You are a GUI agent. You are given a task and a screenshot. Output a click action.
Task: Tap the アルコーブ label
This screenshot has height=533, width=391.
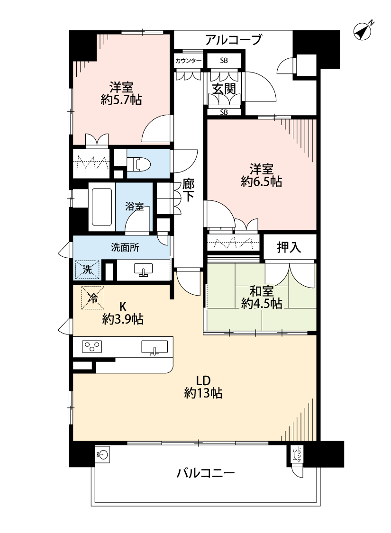tap(233, 40)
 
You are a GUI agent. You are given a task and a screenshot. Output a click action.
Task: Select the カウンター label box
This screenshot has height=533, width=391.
tap(188, 61)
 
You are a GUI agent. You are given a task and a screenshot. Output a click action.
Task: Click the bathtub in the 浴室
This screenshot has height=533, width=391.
tap(101, 207)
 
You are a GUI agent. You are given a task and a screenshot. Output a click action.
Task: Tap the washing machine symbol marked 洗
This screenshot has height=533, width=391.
tap(87, 270)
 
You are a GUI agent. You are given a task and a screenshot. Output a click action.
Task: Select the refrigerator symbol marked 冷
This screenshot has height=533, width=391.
tap(92, 298)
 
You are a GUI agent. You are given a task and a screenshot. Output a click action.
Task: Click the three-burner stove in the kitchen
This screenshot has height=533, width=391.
tap(92, 347)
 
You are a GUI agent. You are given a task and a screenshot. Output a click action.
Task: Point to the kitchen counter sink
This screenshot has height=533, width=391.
tap(155, 348)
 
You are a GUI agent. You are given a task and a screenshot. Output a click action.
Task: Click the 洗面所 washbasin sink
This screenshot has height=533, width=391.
tap(144, 270)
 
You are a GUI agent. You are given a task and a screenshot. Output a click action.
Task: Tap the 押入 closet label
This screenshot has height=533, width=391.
tap(289, 247)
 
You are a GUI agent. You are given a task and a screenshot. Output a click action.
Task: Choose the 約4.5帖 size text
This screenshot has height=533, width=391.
tap(262, 303)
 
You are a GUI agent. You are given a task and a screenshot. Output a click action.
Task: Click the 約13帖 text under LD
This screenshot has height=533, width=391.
tap(203, 393)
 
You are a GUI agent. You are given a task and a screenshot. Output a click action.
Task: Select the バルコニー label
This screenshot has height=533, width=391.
tap(205, 473)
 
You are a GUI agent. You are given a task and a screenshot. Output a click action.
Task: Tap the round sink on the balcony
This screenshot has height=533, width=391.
tap(103, 454)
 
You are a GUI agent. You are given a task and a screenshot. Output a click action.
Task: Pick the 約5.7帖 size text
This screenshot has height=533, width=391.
tap(121, 100)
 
